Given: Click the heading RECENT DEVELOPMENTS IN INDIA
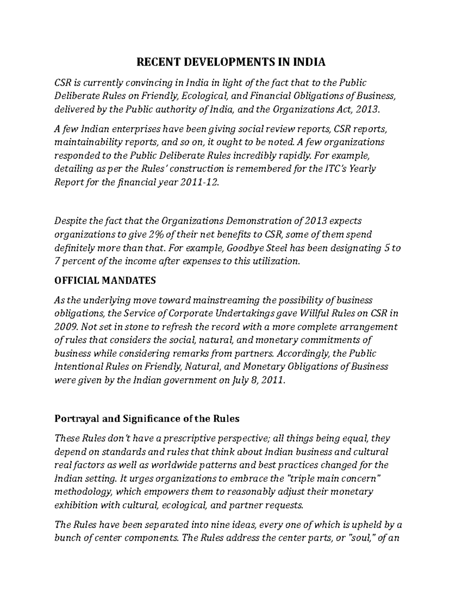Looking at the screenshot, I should tap(231, 62).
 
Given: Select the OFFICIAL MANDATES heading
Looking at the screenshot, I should tap(105, 280).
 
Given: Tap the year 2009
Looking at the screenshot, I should tap(66, 327).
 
